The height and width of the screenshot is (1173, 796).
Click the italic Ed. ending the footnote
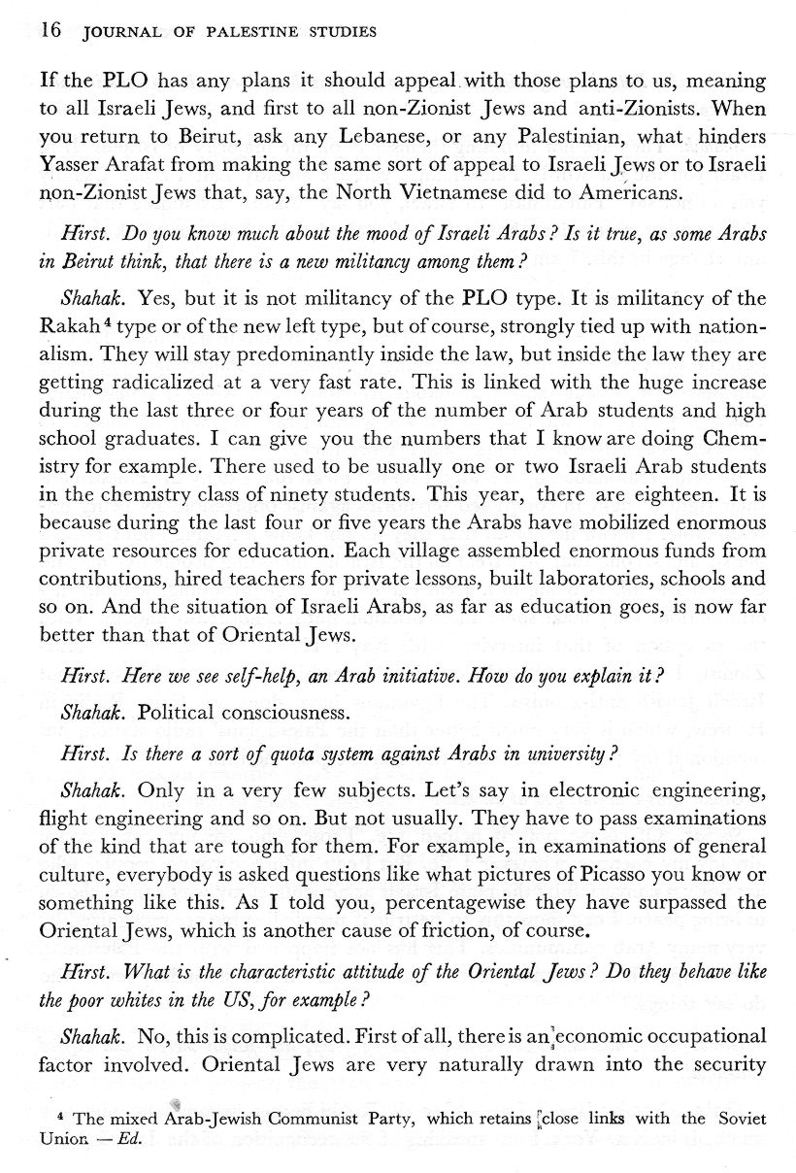pyautogui.click(x=128, y=1138)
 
